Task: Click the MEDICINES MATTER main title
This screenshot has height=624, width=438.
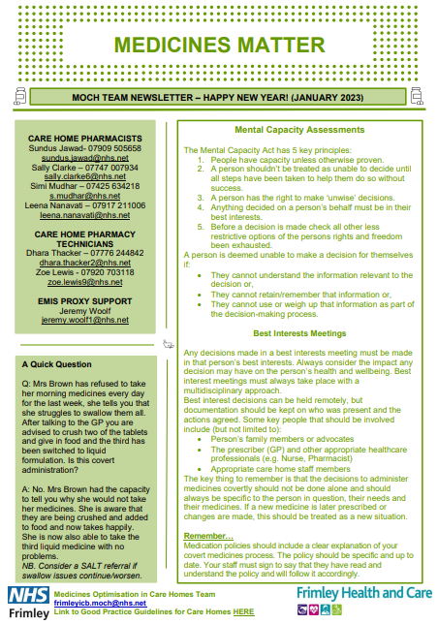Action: click(x=218, y=45)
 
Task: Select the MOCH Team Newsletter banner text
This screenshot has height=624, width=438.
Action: click(x=218, y=98)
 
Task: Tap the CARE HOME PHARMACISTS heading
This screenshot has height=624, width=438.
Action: click(x=85, y=139)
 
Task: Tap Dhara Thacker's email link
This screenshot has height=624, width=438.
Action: click(x=85, y=262)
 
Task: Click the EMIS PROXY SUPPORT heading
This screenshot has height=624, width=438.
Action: click(x=85, y=301)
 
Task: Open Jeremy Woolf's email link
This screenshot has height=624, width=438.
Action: click(x=85, y=320)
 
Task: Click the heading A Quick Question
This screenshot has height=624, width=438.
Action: click(x=58, y=365)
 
